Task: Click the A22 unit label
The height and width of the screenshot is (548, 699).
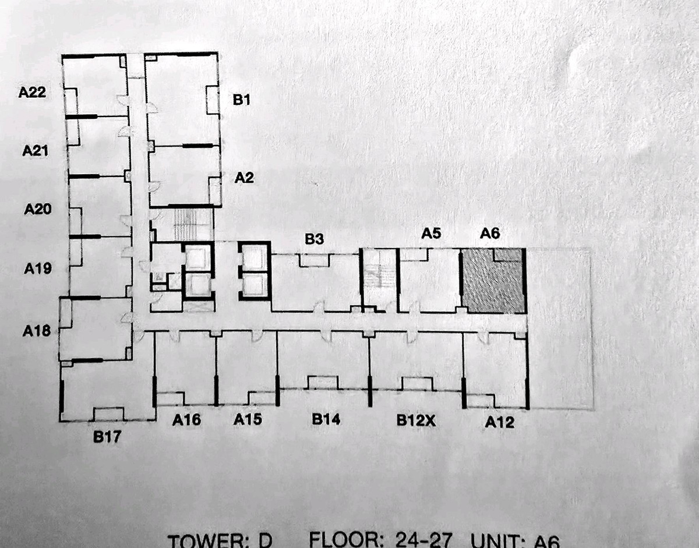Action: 32,93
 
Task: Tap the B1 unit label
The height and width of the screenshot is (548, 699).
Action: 242,100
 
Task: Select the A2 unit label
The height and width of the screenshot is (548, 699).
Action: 244,178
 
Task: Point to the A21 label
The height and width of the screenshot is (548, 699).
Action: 35,150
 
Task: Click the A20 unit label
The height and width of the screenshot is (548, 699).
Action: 38,210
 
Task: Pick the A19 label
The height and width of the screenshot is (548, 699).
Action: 38,268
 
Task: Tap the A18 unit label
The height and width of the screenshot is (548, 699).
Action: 36,331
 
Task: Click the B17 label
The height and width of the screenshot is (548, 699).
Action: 107,437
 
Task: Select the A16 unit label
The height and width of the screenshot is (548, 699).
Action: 186,420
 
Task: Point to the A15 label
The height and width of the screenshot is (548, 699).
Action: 248,419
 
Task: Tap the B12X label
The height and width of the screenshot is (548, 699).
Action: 416,420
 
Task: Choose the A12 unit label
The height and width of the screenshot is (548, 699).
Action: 500,422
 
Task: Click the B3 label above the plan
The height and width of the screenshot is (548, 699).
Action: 315,239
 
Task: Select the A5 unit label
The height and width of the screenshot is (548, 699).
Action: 431,234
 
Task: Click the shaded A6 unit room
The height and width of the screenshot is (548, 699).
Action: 493,281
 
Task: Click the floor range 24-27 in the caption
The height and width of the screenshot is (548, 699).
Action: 423,540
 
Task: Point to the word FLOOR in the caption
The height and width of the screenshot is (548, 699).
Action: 344,540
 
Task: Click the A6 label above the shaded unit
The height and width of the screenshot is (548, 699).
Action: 490,234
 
